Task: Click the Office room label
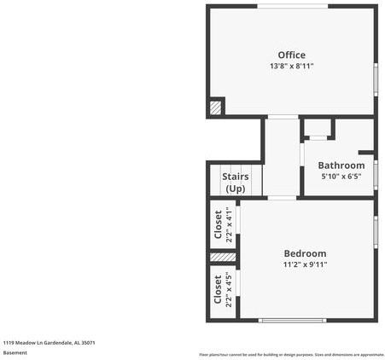[x=291, y=55]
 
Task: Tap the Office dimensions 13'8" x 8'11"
[x=291, y=67]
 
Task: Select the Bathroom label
[x=341, y=165]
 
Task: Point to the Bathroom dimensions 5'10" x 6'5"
[x=341, y=177]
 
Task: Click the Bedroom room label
[x=305, y=253]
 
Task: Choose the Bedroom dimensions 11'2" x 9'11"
[x=305, y=264]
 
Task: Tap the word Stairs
[x=236, y=177]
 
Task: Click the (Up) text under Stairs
[x=236, y=188]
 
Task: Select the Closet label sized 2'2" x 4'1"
[x=219, y=223]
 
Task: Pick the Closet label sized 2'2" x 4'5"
[x=219, y=288]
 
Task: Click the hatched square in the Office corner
[x=215, y=107]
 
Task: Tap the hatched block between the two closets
[x=222, y=257]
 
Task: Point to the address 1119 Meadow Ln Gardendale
[x=49, y=343]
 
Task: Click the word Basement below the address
[x=15, y=352]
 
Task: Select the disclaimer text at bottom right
[x=291, y=354]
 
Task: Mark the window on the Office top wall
[x=292, y=7]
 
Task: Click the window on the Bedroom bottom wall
[x=293, y=321]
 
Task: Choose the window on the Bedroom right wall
[x=375, y=231]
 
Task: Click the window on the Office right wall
[x=376, y=78]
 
